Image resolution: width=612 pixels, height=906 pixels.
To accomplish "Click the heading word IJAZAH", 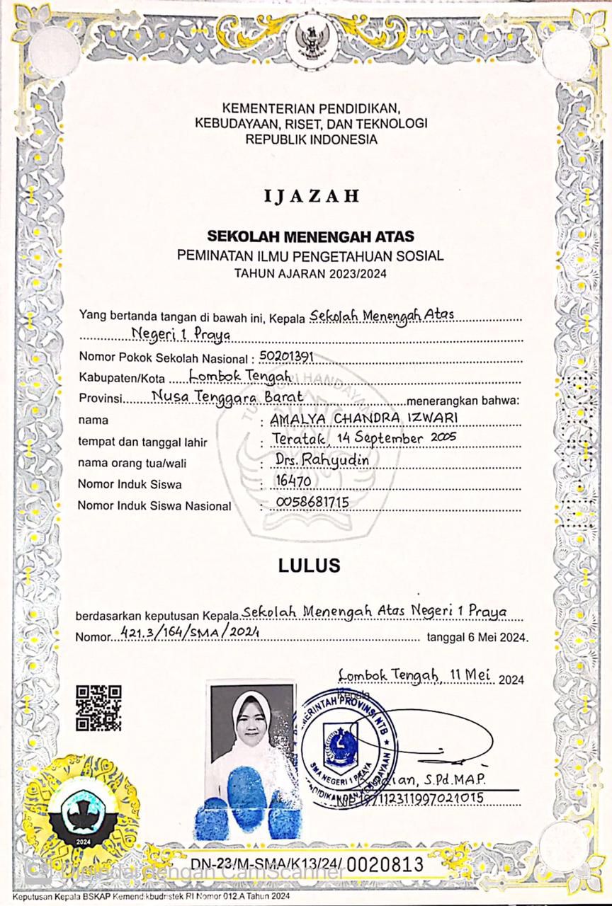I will (x=312, y=196).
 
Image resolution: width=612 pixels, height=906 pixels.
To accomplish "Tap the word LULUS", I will (x=309, y=566).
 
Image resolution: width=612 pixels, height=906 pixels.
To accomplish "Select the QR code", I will (x=98, y=708).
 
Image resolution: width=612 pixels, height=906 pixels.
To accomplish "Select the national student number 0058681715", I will (x=310, y=503).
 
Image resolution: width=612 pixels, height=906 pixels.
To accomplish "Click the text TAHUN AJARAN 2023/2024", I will (x=311, y=273).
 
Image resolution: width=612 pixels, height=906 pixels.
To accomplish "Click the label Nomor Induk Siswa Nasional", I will (x=154, y=506).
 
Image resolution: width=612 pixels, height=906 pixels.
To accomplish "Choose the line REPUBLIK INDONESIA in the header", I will (x=311, y=140).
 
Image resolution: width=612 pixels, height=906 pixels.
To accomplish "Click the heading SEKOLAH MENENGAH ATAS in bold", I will (x=311, y=236).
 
